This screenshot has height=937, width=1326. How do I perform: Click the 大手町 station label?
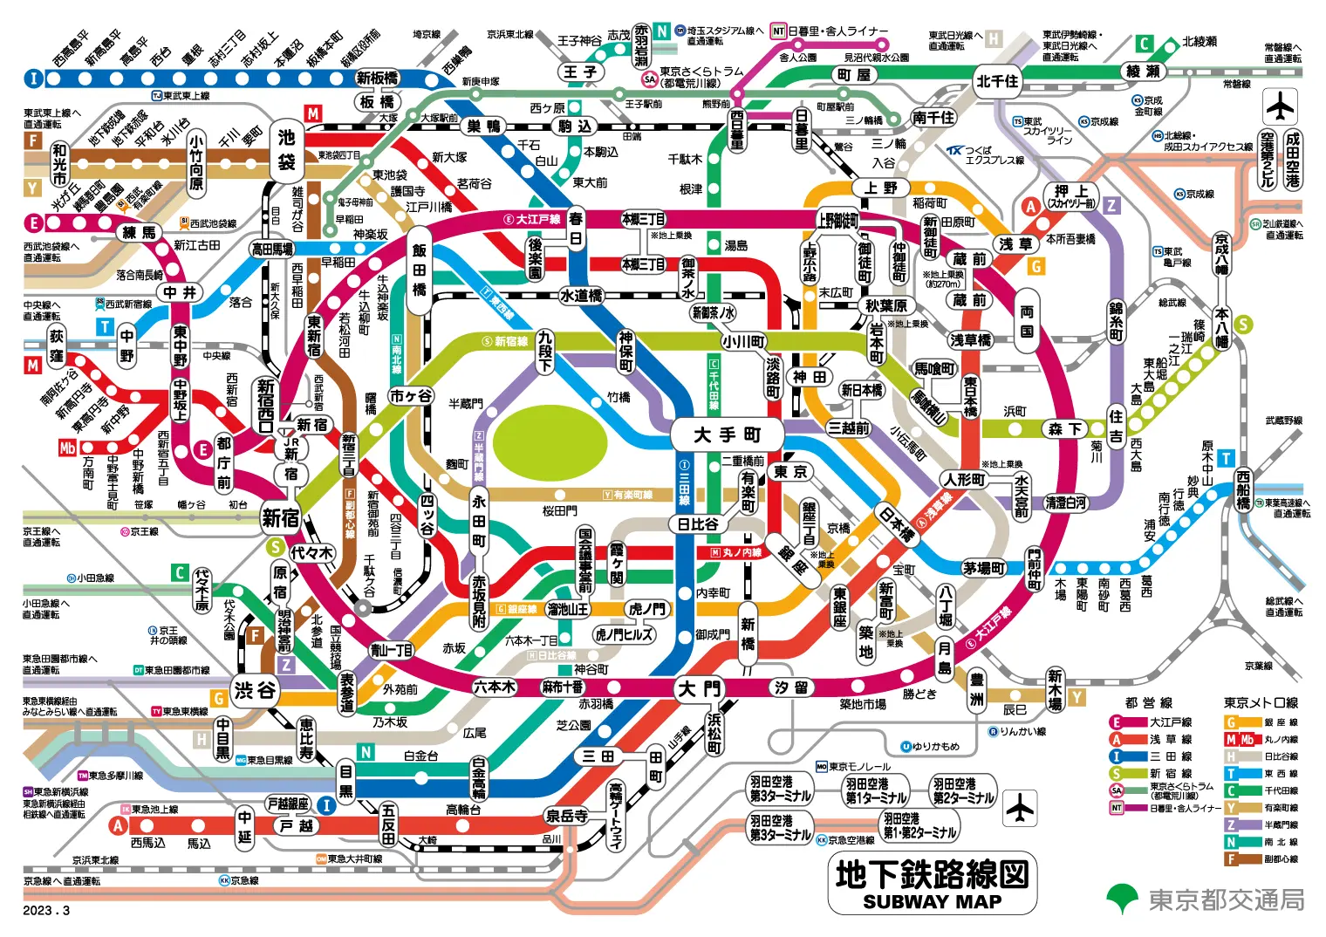click(728, 434)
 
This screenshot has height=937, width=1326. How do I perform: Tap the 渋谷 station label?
click(255, 691)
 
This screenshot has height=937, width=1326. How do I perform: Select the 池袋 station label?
click(287, 149)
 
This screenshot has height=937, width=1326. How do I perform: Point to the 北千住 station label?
click(997, 81)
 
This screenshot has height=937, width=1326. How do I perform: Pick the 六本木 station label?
click(495, 687)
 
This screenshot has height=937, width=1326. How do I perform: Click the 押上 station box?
click(1071, 195)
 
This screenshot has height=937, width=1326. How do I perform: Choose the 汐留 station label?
click(790, 687)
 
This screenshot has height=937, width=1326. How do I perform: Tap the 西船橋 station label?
click(1243, 489)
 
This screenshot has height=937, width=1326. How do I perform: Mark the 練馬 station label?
click(140, 233)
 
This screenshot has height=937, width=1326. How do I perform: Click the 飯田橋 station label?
click(420, 270)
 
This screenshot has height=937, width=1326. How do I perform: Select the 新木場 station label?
click(1055, 689)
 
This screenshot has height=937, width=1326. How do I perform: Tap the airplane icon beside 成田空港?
click(1280, 107)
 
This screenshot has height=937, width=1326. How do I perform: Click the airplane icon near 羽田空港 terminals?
click(1019, 809)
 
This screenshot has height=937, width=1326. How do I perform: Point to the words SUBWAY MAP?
click(932, 902)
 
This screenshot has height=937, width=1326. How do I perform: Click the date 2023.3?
click(46, 911)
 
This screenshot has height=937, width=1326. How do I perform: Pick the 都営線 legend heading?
click(1149, 702)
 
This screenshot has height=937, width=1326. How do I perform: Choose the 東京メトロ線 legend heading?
click(1261, 702)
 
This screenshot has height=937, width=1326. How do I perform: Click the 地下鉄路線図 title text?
click(932, 873)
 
